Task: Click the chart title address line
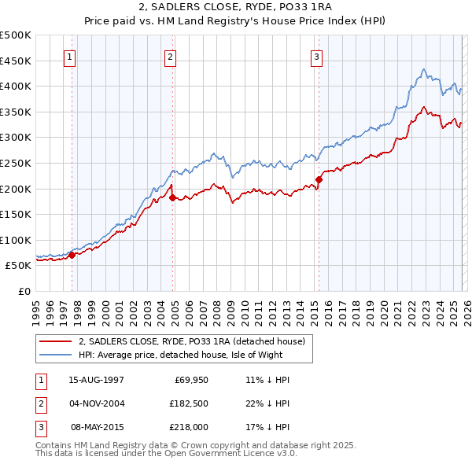pos(236,7)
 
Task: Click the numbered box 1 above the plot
pos(70,57)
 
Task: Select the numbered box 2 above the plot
pos(170,57)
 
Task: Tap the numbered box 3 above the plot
pos(315,57)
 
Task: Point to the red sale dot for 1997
pos(72,254)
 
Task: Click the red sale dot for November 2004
pos(172,197)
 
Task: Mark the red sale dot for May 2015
pos(319,179)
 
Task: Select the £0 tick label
pos(24,291)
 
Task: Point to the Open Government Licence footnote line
pos(166,454)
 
